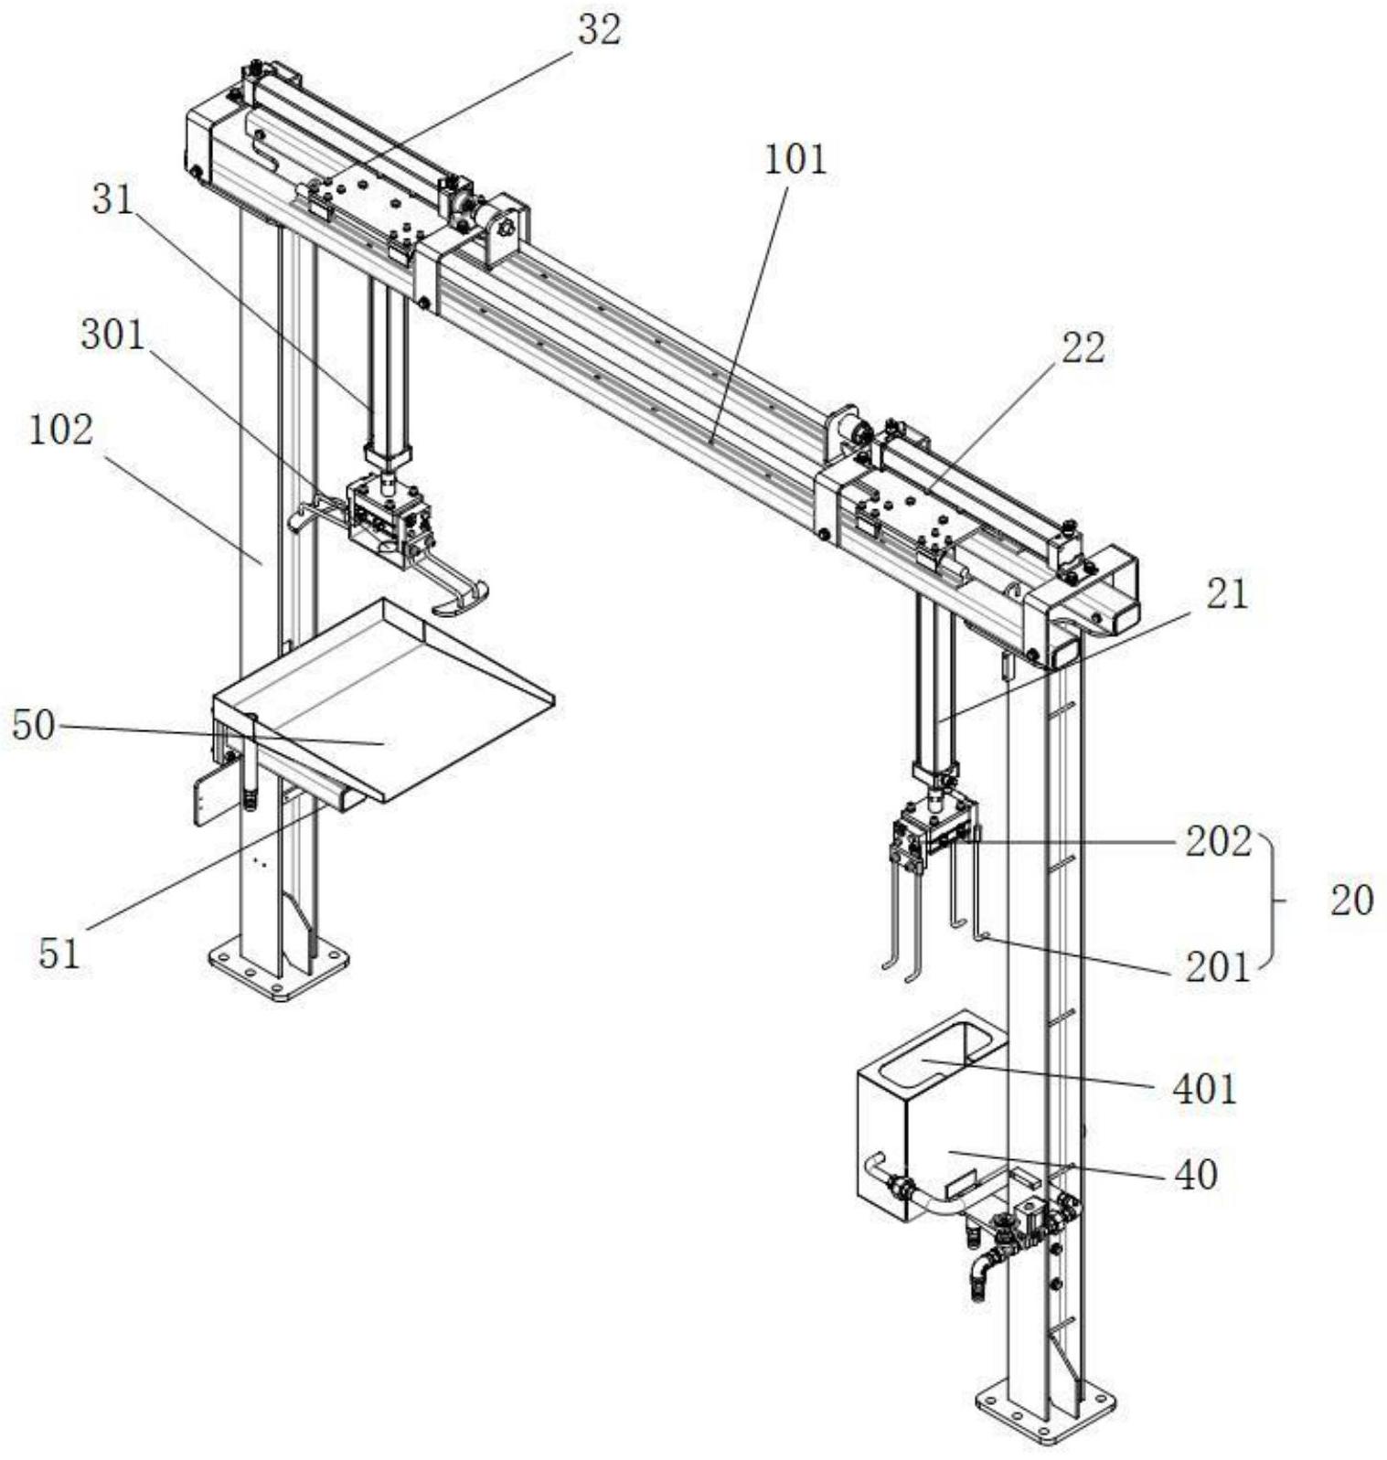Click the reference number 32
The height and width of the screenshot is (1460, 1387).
tap(599, 30)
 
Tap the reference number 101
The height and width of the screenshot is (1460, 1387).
tap(795, 160)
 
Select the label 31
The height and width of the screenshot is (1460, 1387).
tap(113, 199)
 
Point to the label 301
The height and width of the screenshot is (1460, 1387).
tap(112, 336)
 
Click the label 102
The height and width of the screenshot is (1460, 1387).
tap(61, 430)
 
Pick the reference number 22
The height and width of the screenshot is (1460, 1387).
tap(1083, 348)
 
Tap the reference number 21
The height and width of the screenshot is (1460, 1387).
tap(1227, 594)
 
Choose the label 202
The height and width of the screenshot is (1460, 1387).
tap(1218, 842)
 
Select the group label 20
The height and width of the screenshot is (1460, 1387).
tap(1351, 901)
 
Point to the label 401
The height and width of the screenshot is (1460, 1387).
tap(1205, 1089)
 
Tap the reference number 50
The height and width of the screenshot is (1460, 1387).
tap(33, 727)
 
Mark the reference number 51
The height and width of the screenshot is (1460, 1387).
tap(59, 954)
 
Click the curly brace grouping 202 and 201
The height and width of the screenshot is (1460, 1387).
tap(1273, 901)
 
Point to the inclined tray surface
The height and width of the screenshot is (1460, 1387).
tap(384, 695)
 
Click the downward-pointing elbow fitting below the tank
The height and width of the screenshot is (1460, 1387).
tap(982, 1277)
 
